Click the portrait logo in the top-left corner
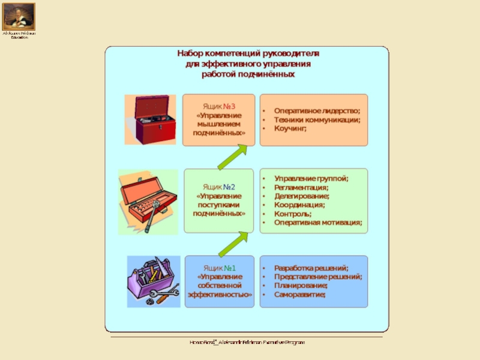(x=19, y=16)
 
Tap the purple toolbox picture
(x=153, y=281)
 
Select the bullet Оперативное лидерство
(x=317, y=110)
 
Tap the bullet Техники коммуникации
(x=317, y=119)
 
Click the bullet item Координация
(x=300, y=205)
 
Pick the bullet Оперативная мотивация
(x=318, y=222)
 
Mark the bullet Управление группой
(x=311, y=179)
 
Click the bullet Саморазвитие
(x=301, y=295)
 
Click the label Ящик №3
(x=219, y=107)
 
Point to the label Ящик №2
(x=219, y=187)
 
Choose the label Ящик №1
(x=219, y=268)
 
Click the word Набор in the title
(x=191, y=53)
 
